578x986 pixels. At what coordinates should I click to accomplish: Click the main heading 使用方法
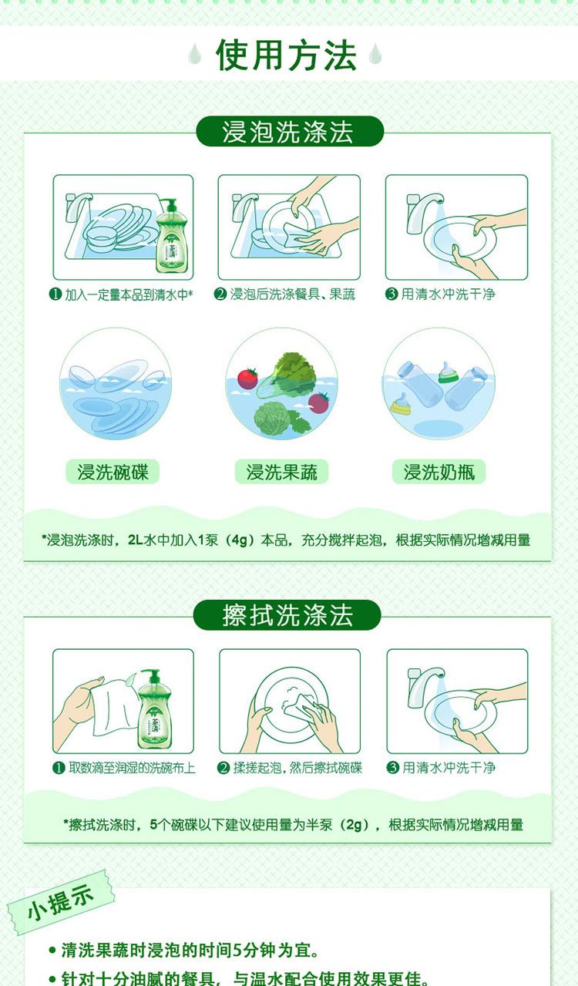(x=286, y=55)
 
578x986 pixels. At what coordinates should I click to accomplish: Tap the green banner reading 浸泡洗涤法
(x=290, y=132)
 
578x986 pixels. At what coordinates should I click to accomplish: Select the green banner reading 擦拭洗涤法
(x=287, y=615)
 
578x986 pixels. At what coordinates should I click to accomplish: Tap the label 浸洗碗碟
(x=113, y=472)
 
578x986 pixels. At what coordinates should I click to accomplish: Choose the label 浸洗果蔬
(x=281, y=472)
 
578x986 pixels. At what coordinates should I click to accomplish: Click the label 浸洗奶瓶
(x=439, y=472)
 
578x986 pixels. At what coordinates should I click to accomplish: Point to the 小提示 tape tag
(x=61, y=903)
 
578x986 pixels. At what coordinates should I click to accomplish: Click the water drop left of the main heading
(x=194, y=54)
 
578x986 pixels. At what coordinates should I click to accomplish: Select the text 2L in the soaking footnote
(x=136, y=540)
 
